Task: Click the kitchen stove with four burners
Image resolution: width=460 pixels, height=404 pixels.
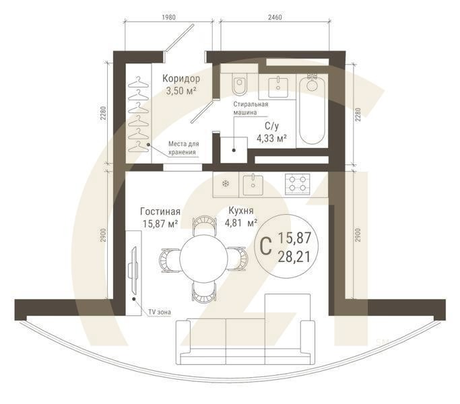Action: (x=298, y=182)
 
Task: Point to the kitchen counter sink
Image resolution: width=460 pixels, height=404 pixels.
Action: (x=253, y=182)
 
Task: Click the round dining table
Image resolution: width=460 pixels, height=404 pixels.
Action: (x=199, y=257)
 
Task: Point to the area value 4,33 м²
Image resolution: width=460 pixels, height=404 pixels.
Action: (x=271, y=138)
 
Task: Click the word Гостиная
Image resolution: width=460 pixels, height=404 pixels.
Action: (x=160, y=210)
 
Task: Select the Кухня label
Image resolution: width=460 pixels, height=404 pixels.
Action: (x=240, y=210)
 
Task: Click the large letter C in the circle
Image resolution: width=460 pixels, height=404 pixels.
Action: (x=265, y=246)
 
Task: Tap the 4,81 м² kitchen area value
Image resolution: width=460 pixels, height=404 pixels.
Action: (x=242, y=223)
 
